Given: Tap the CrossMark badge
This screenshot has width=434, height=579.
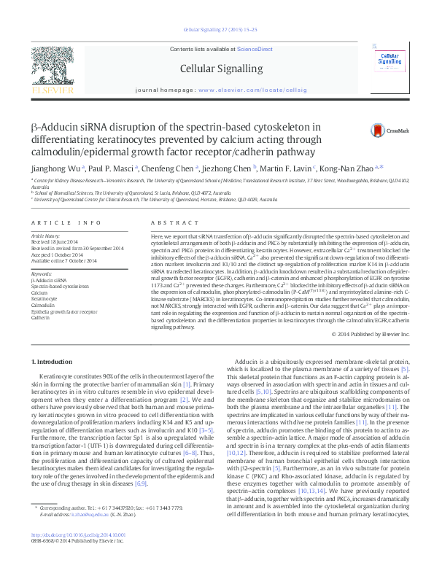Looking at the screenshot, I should (x=386, y=131).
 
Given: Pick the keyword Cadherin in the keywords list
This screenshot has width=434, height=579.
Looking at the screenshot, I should (x=41, y=318).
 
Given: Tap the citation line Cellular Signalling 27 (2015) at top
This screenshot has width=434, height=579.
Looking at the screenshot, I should (x=217, y=31).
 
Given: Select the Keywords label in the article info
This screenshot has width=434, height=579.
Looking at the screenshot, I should (x=42, y=273).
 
